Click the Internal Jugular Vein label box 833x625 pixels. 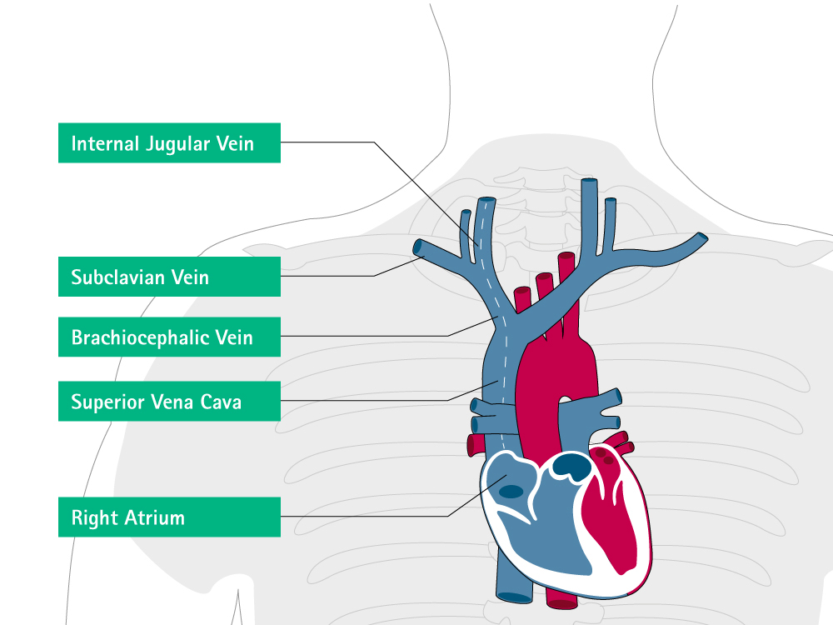click(x=169, y=143)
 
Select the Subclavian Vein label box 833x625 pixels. click(x=169, y=277)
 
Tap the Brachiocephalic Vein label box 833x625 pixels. click(x=169, y=337)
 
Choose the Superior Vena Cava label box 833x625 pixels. click(x=169, y=402)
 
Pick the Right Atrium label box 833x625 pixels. click(x=169, y=517)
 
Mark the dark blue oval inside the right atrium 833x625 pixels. click(x=511, y=492)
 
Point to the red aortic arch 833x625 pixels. click(x=557, y=372)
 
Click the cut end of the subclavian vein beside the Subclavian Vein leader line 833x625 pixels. click(x=417, y=247)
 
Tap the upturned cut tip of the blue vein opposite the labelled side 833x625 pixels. click(x=702, y=238)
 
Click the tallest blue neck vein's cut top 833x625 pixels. click(x=589, y=182)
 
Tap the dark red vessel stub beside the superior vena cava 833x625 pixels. click(x=471, y=446)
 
